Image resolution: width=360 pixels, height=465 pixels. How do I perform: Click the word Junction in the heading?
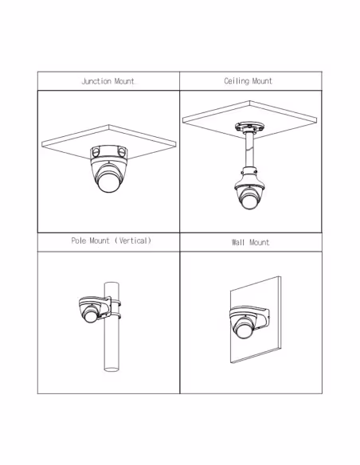pos(96,81)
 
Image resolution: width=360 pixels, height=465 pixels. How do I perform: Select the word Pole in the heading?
pos(79,240)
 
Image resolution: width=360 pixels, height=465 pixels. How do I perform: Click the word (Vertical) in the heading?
pos(133,240)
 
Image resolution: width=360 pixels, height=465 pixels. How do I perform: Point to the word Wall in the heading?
pos(238,242)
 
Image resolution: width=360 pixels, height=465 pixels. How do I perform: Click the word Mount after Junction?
pos(124,81)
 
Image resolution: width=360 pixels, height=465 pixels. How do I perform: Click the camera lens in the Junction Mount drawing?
pos(108,182)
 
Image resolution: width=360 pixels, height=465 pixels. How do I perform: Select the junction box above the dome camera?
pos(108,152)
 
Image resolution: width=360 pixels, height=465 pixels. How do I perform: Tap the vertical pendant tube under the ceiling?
pos(248,150)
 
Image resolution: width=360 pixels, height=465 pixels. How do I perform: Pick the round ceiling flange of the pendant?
pos(249,127)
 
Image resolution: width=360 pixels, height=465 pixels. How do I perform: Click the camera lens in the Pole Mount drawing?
pos(89,315)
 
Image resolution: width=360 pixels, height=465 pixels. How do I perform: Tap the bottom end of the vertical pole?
pos(112,369)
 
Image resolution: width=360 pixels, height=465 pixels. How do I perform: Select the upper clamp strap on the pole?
pos(115,303)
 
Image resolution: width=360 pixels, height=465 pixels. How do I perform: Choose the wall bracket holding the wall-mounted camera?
pos(261,317)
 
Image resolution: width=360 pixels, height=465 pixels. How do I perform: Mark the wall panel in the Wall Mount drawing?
pos(256,320)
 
